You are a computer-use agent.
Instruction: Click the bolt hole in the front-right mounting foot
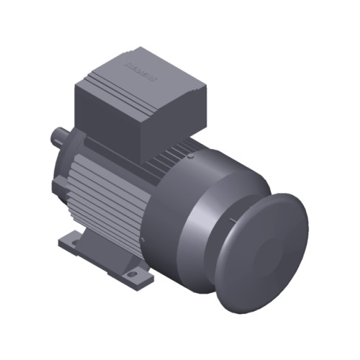[134, 274]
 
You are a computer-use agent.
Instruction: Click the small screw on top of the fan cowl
[192, 155]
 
